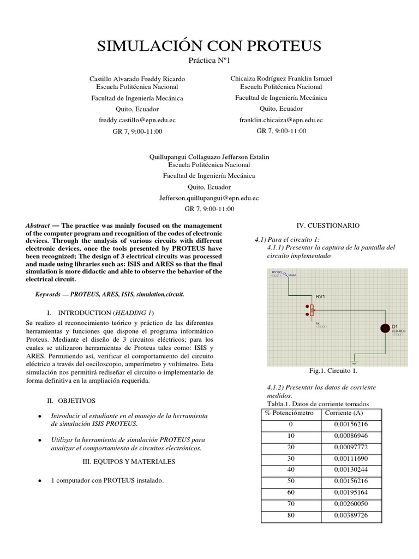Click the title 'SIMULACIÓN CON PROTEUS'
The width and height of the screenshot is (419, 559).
pyautogui.click(x=209, y=46)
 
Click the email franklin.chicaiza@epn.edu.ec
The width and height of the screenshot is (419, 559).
pyautogui.click(x=281, y=120)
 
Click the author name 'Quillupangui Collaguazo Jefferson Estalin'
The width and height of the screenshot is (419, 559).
pyautogui.click(x=209, y=157)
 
